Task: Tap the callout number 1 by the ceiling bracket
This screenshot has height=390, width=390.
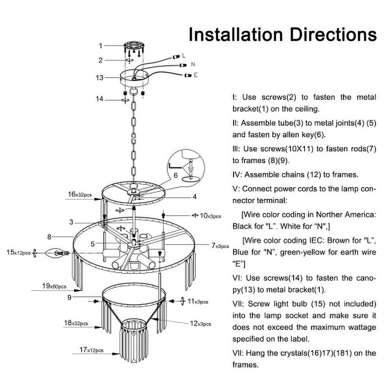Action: click(100, 46)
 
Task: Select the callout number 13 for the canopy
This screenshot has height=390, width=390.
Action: click(100, 78)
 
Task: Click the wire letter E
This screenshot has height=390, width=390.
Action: click(195, 75)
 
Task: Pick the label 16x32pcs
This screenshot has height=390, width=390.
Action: click(80, 194)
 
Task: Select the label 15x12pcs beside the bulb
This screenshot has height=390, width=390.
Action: click(19, 252)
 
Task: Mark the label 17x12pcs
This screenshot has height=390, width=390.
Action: click(91, 350)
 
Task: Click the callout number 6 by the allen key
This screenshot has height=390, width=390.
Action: click(176, 175)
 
